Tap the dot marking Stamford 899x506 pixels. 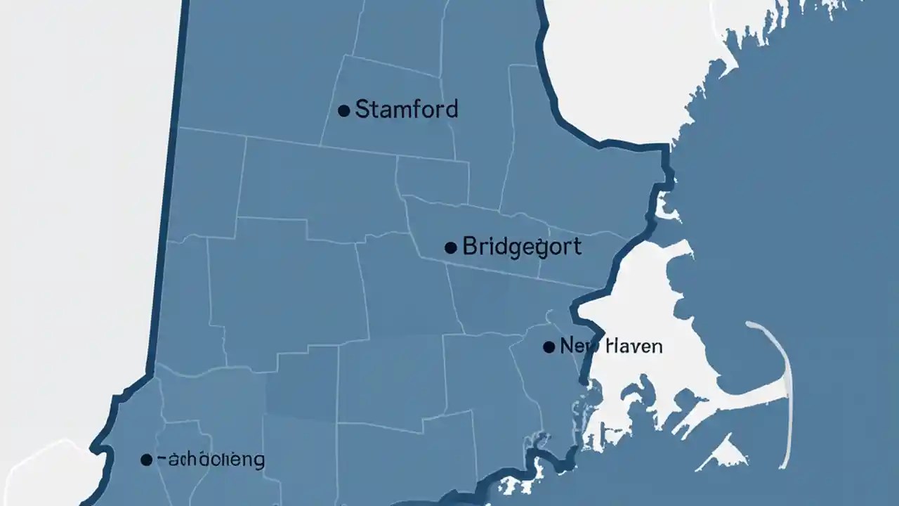[x=344, y=110]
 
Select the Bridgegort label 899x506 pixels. [x=522, y=247]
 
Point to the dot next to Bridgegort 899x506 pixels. [x=451, y=247]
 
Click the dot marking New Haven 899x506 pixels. [x=549, y=346]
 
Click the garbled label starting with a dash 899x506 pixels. [x=210, y=460]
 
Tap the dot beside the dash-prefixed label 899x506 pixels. [x=146, y=460]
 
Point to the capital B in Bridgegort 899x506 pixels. [x=470, y=247]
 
